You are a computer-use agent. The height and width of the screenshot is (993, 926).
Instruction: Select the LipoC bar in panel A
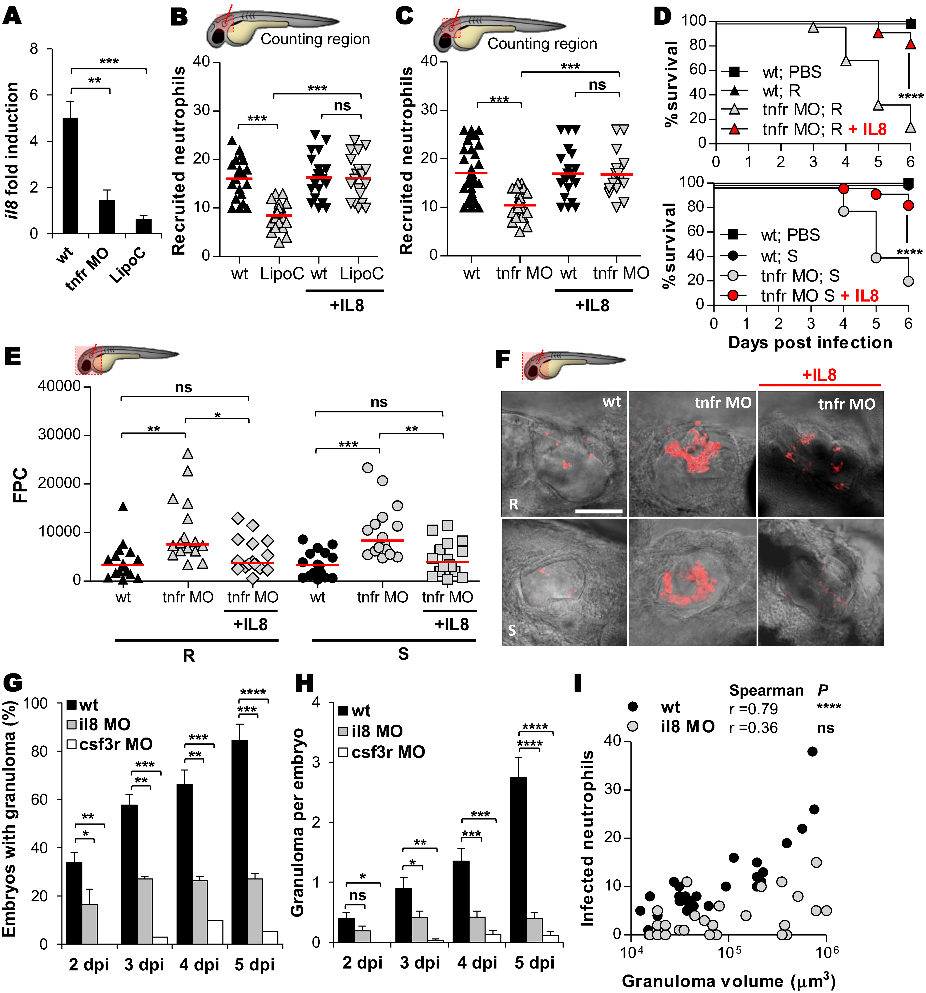144,226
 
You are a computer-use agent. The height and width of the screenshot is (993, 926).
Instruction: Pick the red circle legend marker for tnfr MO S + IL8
733,295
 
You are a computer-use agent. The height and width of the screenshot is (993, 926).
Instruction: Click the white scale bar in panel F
599,511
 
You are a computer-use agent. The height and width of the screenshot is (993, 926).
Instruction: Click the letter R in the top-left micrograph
513,505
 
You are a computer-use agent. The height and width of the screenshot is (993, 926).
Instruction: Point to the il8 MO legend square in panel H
343,731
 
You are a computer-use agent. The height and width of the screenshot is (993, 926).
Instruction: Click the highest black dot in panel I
812,751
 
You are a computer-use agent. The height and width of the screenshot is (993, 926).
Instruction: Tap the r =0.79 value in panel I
753,709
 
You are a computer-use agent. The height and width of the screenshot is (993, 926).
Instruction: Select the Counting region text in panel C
542,44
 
